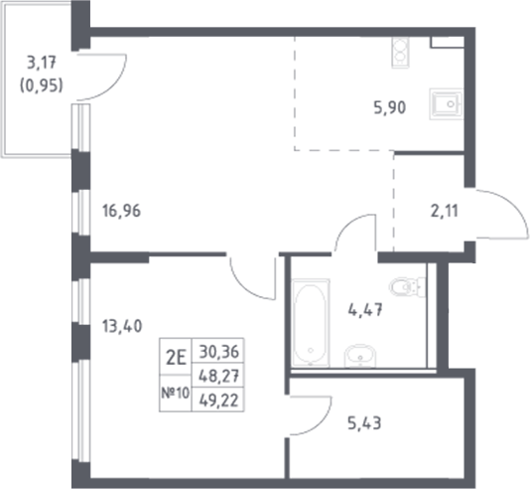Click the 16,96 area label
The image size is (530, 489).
[122, 210]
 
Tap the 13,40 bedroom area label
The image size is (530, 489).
[122, 323]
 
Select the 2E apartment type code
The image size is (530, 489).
[177, 351]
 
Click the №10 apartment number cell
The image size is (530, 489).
[177, 393]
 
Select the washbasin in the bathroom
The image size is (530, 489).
[358, 355]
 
